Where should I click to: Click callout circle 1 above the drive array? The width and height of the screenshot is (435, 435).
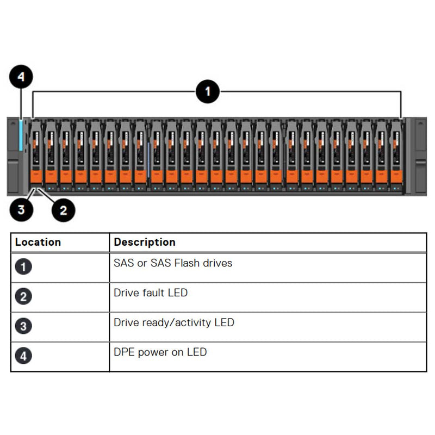tap(207, 91)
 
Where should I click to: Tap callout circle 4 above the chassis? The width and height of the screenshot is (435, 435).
tap(21, 77)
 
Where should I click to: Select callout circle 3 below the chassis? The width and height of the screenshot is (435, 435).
tap(21, 209)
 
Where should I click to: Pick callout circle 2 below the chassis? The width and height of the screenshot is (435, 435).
tap(63, 209)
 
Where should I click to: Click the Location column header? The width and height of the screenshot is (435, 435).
tap(38, 243)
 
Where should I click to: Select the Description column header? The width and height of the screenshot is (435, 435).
tap(145, 243)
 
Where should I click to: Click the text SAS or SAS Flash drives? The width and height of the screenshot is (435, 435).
tap(173, 263)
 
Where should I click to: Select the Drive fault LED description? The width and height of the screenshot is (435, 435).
tap(151, 293)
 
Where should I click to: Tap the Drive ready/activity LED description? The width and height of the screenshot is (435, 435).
tap(174, 322)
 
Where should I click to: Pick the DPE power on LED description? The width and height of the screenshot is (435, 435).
tap(160, 352)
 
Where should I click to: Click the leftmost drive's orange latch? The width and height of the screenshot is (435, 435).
tap(36, 176)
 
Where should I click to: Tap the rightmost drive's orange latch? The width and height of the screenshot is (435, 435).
tap(396, 176)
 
